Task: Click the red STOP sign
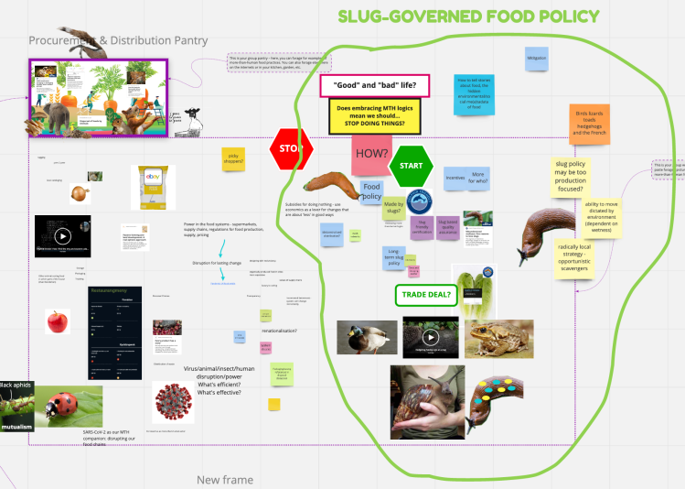[x=290, y=148]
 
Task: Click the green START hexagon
[x=410, y=166]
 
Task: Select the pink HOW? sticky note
[x=371, y=153]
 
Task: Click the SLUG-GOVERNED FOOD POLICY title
[x=468, y=16]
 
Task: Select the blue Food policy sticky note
[x=371, y=190]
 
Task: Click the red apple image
[x=58, y=321]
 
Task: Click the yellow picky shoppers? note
[x=234, y=159]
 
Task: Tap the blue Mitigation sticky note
[x=536, y=59]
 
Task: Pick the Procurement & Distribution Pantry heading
[x=117, y=40]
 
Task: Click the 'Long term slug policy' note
[x=394, y=258]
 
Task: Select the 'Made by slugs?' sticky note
[x=394, y=207]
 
